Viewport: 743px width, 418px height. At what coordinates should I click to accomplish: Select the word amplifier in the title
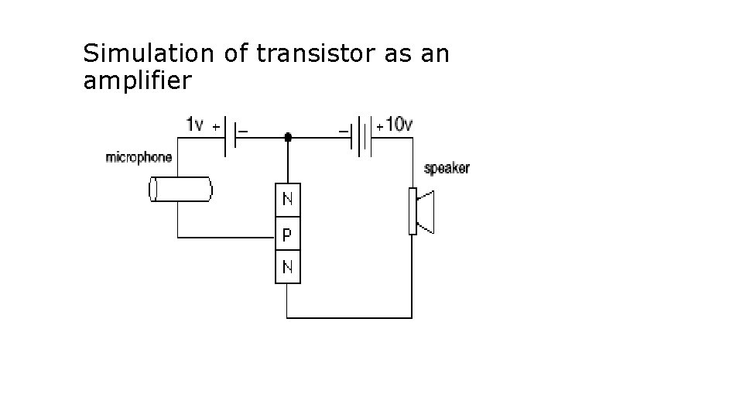click(x=136, y=81)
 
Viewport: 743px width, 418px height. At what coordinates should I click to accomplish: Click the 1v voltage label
click(x=196, y=124)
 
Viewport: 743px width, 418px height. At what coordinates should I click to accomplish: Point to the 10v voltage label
click(x=399, y=124)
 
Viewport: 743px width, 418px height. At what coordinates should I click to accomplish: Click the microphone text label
click(x=139, y=158)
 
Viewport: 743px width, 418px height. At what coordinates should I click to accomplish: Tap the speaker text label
click(x=447, y=168)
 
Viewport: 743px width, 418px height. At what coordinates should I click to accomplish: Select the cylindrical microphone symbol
click(x=180, y=190)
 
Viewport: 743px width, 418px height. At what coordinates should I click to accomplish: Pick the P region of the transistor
click(x=288, y=233)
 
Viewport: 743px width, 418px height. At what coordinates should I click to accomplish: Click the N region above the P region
click(x=288, y=199)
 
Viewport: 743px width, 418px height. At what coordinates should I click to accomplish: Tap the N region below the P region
click(x=288, y=268)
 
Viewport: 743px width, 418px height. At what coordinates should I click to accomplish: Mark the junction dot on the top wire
click(x=288, y=138)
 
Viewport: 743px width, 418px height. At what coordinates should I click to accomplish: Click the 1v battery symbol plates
click(x=230, y=138)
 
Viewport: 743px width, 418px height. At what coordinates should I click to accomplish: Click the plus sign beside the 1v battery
click(x=215, y=126)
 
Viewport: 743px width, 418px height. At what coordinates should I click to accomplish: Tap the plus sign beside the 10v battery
click(x=380, y=126)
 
